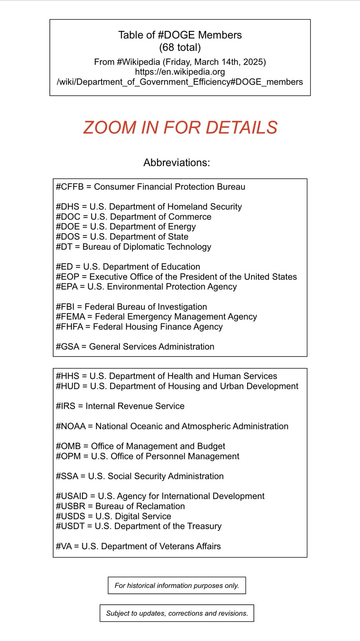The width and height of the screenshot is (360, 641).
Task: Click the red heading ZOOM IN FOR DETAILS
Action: coord(180,128)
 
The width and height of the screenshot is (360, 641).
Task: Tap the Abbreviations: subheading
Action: coord(177,162)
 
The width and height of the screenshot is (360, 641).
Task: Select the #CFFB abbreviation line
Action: coord(150,187)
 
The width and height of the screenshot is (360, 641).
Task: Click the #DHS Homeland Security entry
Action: coord(149,207)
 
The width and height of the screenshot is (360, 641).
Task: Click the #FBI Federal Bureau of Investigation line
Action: coord(139,307)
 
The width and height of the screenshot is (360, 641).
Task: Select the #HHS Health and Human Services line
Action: coord(166,376)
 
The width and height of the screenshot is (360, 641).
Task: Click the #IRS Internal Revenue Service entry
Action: coord(120,406)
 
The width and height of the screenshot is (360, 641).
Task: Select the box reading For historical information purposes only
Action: coord(176,585)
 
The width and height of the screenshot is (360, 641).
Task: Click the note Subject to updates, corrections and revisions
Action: coord(176,612)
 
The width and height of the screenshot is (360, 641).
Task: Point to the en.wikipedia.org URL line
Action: coord(180,72)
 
